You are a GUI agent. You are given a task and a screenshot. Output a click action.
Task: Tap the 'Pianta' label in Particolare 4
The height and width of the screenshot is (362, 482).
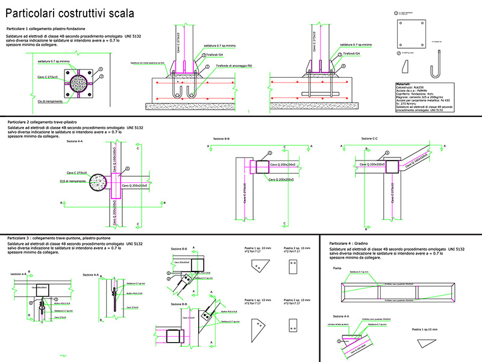[x=337, y=267]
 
